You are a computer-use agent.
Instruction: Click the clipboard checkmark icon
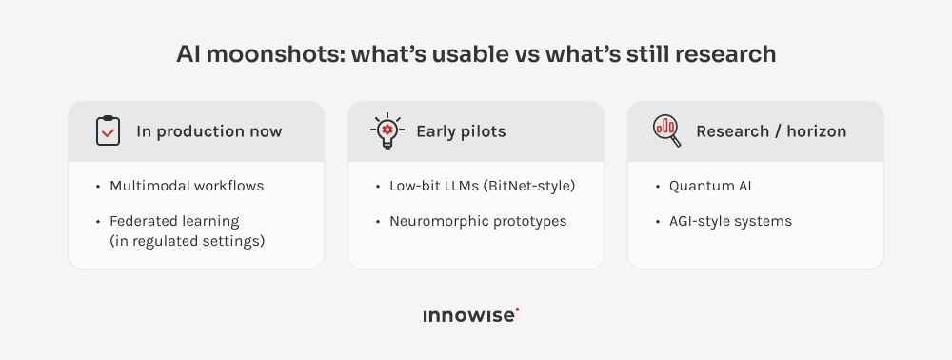pyautogui.click(x=109, y=130)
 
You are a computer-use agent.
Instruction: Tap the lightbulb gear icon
pyautogui.click(x=387, y=130)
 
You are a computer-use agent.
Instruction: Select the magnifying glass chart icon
pyautogui.click(x=666, y=130)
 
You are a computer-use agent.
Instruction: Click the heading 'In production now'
pyautogui.click(x=209, y=131)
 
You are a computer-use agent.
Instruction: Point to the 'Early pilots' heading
pyautogui.click(x=461, y=131)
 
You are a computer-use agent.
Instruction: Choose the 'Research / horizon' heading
pyautogui.click(x=771, y=131)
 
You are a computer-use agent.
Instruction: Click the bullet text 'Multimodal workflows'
pyautogui.click(x=187, y=186)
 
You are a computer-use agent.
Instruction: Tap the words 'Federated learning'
pyautogui.click(x=174, y=222)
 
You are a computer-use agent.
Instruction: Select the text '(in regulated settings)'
pyautogui.click(x=187, y=241)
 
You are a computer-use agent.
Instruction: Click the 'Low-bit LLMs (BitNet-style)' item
pyautogui.click(x=483, y=186)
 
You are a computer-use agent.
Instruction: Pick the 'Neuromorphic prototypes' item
pyautogui.click(x=478, y=222)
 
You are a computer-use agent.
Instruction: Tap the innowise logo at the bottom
pyautogui.click(x=470, y=316)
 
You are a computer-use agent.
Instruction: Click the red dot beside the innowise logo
pyautogui.click(x=517, y=310)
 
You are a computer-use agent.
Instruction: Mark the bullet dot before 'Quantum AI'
pyautogui.click(x=659, y=187)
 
